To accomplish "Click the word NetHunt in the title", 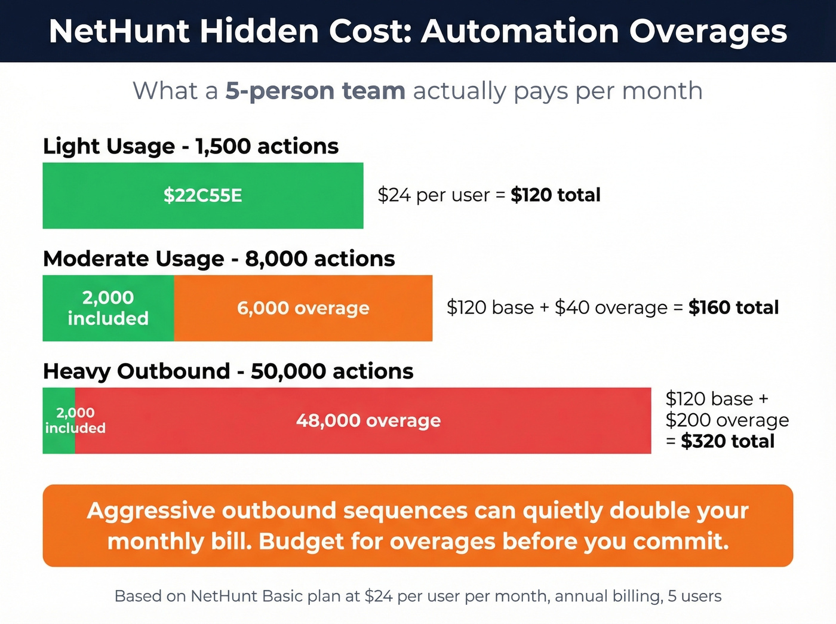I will pyautogui.click(x=119, y=31).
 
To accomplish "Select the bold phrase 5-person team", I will pyautogui.click(x=315, y=91).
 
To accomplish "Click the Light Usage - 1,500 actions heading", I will pyautogui.click(x=190, y=146).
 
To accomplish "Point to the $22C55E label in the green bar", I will pyautogui.click(x=203, y=195).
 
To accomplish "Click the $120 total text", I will pyautogui.click(x=555, y=195).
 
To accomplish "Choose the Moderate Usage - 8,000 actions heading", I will pyautogui.click(x=219, y=259).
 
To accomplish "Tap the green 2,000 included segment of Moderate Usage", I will pyautogui.click(x=108, y=308).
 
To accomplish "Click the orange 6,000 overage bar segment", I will pyautogui.click(x=303, y=308).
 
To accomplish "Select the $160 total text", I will pyautogui.click(x=733, y=308).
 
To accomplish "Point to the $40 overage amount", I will pyautogui.click(x=611, y=308).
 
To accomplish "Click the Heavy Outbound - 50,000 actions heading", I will pyautogui.click(x=228, y=371).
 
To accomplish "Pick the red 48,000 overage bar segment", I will pyautogui.click(x=368, y=420).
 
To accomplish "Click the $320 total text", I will pyautogui.click(x=727, y=441).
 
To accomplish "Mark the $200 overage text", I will pyautogui.click(x=727, y=420).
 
